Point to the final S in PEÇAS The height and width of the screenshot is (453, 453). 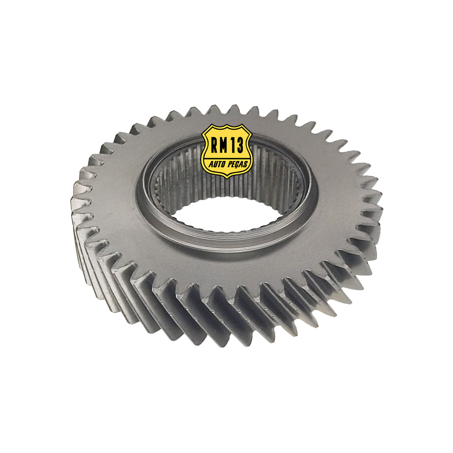pyautogui.click(x=246, y=163)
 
